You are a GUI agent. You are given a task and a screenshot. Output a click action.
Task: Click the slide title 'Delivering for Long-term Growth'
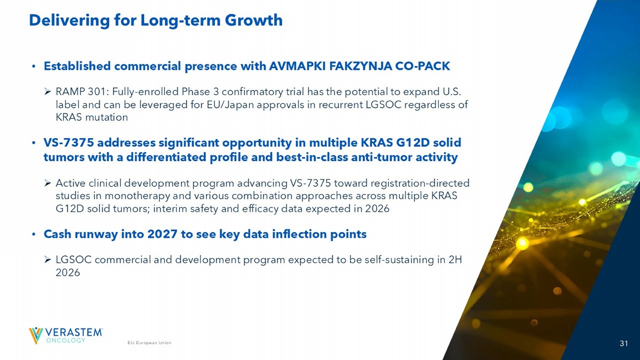(156, 20)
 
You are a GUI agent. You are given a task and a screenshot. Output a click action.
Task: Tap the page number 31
(624, 343)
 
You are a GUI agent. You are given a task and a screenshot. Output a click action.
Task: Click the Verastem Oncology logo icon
(36, 335)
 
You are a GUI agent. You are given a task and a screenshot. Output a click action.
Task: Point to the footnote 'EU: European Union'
(149, 343)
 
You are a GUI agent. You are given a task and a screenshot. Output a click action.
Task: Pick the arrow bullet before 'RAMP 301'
(48, 92)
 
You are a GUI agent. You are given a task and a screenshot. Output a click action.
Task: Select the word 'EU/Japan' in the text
(230, 105)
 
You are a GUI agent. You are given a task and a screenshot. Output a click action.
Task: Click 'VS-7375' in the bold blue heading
(69, 142)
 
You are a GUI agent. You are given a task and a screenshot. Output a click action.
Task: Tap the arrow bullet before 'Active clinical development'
(48, 183)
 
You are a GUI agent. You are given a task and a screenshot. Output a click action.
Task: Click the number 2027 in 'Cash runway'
(162, 234)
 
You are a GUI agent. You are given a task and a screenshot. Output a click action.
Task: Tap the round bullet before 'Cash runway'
(34, 234)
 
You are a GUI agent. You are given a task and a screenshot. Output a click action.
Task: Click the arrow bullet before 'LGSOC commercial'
(48, 260)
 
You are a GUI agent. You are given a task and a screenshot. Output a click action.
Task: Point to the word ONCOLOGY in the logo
(66, 340)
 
